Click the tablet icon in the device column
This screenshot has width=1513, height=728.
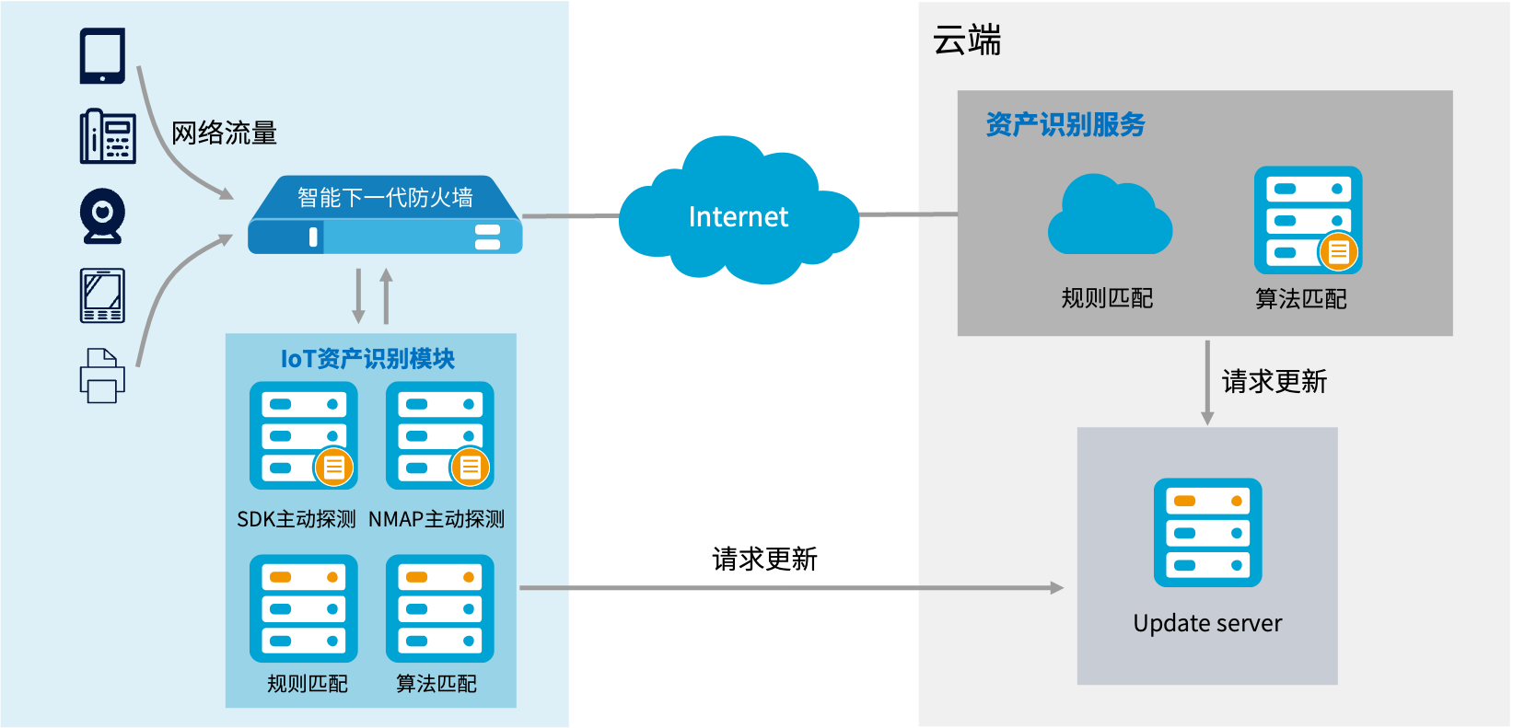[x=102, y=56]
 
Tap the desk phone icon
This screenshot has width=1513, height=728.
[x=108, y=136]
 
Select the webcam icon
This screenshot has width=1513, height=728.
[x=102, y=216]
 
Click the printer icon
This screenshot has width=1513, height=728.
[x=102, y=376]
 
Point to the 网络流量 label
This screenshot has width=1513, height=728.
[x=224, y=133]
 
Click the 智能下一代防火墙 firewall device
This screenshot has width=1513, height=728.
[x=385, y=215]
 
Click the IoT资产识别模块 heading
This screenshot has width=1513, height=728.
[x=367, y=358]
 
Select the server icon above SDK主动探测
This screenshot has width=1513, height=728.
[x=304, y=435]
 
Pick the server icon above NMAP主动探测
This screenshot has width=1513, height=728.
[x=440, y=435]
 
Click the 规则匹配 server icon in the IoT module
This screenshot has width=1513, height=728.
[x=304, y=608]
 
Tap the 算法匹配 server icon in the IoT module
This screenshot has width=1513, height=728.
[x=440, y=608]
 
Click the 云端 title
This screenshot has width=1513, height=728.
[x=967, y=40]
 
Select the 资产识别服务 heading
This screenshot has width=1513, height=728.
[x=1065, y=124]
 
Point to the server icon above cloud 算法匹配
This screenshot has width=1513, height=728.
[x=1308, y=220]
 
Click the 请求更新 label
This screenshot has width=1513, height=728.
[x=1274, y=382]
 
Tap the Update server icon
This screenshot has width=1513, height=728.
[x=1208, y=532]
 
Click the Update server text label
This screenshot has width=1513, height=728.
[x=1207, y=623]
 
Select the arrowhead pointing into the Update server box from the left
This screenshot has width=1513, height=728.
[x=1057, y=587]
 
